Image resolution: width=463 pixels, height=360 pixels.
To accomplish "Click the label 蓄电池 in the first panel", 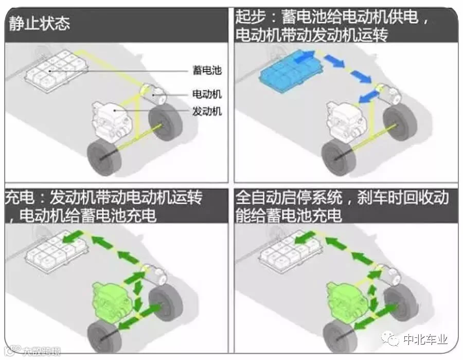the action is click(207, 69).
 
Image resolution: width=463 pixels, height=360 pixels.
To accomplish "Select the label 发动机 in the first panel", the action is click(207, 111).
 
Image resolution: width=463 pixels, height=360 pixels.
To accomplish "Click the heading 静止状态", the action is click(39, 24).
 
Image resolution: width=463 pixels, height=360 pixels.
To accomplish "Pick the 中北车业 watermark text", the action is click(425, 340).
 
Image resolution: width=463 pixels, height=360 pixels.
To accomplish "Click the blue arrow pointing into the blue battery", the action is click(307, 55).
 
